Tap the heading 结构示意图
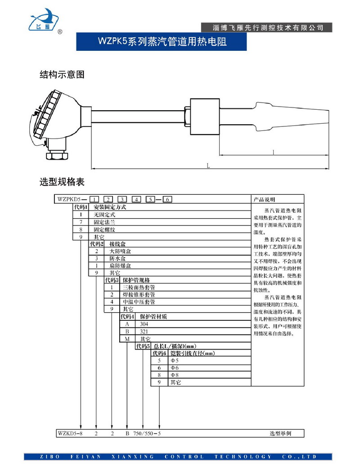(x=62, y=75)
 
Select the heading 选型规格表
(x=62, y=182)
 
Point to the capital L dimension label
(x=208, y=166)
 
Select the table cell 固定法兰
(x=104, y=222)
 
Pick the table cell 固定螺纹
(x=104, y=229)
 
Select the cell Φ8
(x=174, y=375)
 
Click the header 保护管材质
(x=153, y=316)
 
